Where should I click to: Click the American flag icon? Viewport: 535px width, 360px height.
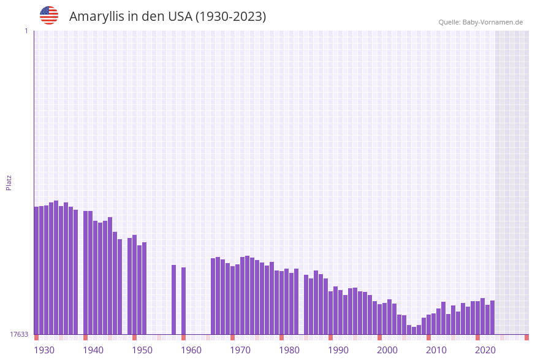click(49, 15)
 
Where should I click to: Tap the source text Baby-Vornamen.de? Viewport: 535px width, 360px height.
click(493, 22)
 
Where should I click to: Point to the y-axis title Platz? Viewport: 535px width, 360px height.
click(9, 182)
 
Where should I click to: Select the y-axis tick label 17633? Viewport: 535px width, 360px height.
click(19, 334)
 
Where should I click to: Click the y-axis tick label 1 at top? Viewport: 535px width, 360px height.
click(26, 31)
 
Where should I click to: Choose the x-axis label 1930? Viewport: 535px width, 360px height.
click(44, 350)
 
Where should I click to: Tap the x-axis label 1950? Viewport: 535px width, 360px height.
click(142, 350)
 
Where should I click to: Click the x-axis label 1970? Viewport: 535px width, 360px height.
click(240, 350)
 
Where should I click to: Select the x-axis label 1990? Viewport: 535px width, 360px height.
click(338, 350)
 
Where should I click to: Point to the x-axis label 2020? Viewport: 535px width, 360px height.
click(485, 350)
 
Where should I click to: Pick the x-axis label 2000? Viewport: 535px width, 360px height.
click(387, 350)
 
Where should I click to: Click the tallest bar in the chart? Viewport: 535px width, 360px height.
click(56, 267)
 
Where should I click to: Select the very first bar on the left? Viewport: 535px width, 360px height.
click(37, 270)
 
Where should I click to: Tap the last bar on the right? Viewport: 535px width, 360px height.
click(492, 317)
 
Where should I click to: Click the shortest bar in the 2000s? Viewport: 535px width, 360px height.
click(414, 331)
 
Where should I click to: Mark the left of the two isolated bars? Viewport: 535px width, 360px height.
click(173, 299)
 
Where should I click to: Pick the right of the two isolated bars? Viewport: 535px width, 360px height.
click(183, 301)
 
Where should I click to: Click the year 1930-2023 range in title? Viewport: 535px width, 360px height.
click(230, 17)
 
